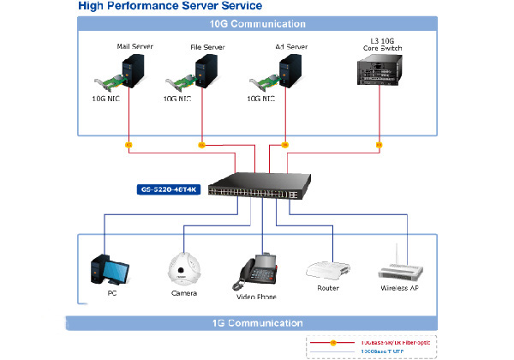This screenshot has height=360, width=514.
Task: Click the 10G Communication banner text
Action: (x=257, y=24)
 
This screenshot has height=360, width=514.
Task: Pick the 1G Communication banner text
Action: (x=257, y=323)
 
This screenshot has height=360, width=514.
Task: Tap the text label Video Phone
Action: (x=257, y=297)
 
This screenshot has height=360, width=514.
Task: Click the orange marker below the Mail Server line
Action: (x=128, y=145)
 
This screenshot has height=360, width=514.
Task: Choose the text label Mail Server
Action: (x=134, y=45)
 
